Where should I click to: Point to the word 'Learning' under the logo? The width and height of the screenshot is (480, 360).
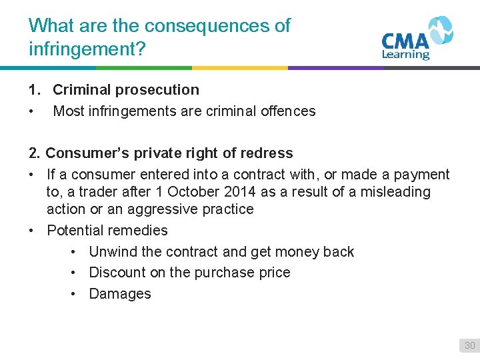point(405,55)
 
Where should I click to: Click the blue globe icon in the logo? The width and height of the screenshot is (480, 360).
point(439,29)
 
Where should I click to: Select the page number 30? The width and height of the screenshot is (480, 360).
point(469,345)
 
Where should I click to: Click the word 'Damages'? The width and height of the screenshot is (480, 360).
point(120,294)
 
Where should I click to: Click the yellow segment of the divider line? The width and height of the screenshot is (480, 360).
point(240,67)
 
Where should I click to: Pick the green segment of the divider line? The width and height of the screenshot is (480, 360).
point(144,67)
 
